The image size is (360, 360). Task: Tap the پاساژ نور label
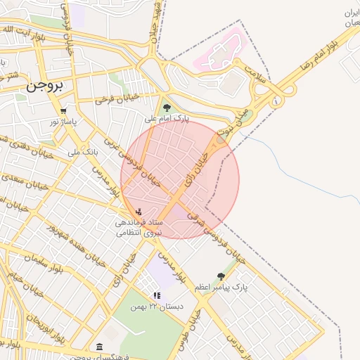63,122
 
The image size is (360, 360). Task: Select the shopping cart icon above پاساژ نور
64,111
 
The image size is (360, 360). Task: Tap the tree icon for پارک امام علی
167,108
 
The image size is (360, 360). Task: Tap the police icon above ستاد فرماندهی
139,210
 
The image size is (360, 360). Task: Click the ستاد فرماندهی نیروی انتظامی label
139,227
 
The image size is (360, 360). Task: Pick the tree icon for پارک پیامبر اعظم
221,276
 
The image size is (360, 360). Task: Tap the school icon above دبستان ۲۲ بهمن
157,296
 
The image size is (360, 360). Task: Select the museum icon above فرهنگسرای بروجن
98,347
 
